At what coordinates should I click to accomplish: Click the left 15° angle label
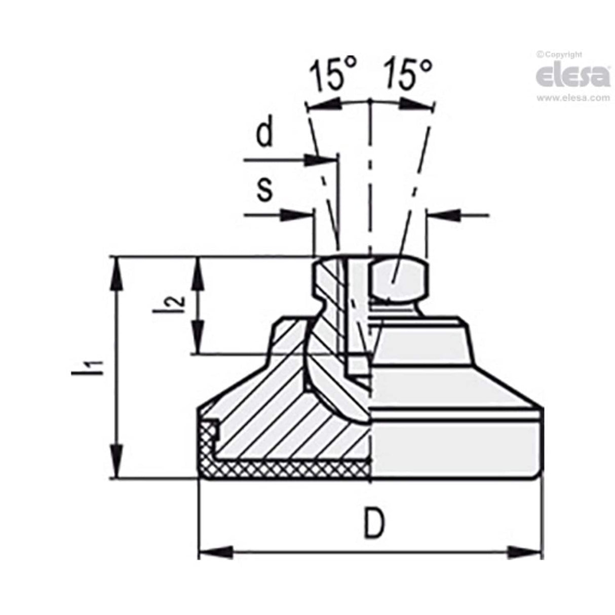click(334, 75)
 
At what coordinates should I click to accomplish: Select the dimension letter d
click(264, 134)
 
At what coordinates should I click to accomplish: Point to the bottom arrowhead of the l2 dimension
click(199, 339)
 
